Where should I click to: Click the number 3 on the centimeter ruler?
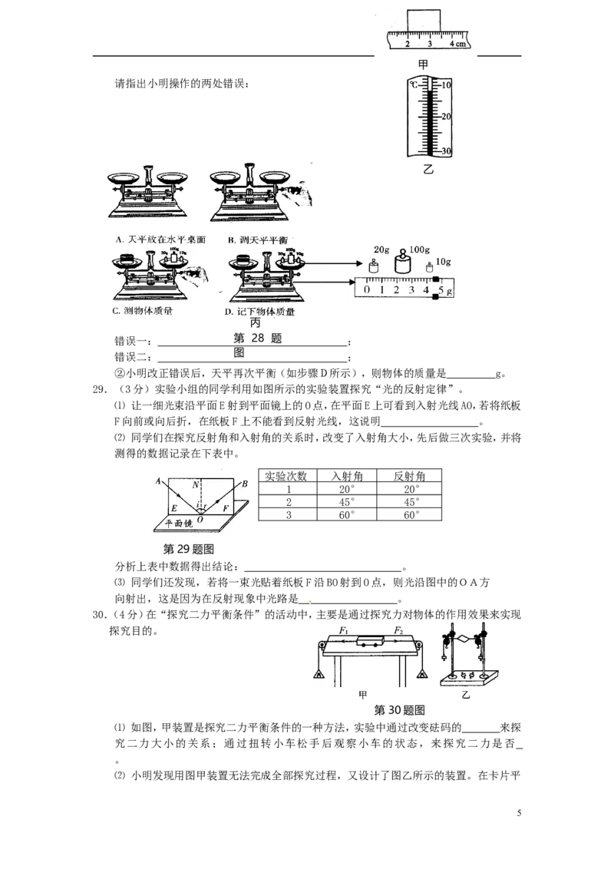[x=430, y=44]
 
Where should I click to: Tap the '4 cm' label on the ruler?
[x=457, y=44]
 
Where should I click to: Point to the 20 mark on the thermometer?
[x=446, y=116]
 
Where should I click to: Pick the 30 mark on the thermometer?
[x=446, y=150]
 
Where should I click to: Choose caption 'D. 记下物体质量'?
[x=260, y=312]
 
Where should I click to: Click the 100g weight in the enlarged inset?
[x=402, y=264]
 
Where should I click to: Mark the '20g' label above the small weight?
[x=381, y=250]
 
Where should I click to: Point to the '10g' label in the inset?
[x=443, y=263]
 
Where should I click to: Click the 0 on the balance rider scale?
[x=367, y=290]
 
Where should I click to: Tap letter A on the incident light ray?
[x=158, y=481]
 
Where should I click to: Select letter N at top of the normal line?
[x=196, y=484]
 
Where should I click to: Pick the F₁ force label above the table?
[x=345, y=630]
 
